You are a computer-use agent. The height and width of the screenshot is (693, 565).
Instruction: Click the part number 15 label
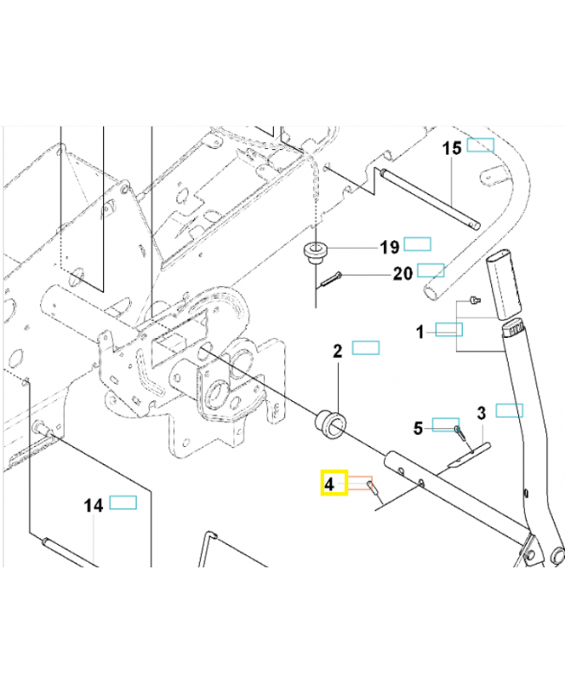point(453,148)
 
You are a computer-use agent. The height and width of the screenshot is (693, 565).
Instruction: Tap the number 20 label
point(403,274)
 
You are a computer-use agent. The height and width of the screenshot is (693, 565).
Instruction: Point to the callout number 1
point(420,331)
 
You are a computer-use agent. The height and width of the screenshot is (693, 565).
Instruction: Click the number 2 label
point(339,351)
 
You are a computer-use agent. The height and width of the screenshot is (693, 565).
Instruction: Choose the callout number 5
point(418,427)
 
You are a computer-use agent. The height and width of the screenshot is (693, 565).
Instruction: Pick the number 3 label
point(481,411)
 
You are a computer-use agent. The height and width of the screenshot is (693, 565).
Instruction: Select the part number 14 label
point(94,505)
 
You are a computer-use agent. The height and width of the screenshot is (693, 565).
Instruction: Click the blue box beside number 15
point(480,146)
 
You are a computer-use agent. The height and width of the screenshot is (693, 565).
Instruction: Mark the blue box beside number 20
point(431,270)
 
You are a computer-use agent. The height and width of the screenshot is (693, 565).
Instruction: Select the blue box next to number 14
point(122,502)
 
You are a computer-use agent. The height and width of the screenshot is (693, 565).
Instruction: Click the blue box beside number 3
point(509,410)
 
